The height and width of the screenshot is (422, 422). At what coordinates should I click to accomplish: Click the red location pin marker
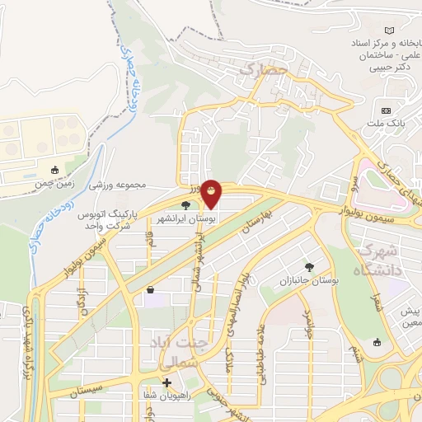[212, 194]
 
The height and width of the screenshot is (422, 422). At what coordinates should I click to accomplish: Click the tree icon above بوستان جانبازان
[309, 267]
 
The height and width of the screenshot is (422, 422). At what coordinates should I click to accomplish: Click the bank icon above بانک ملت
[386, 110]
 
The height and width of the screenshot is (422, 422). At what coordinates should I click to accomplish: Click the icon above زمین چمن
[55, 171]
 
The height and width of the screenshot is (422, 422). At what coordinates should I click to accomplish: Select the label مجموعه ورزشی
[119, 185]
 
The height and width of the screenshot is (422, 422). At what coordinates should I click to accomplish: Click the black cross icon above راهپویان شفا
[166, 382]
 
